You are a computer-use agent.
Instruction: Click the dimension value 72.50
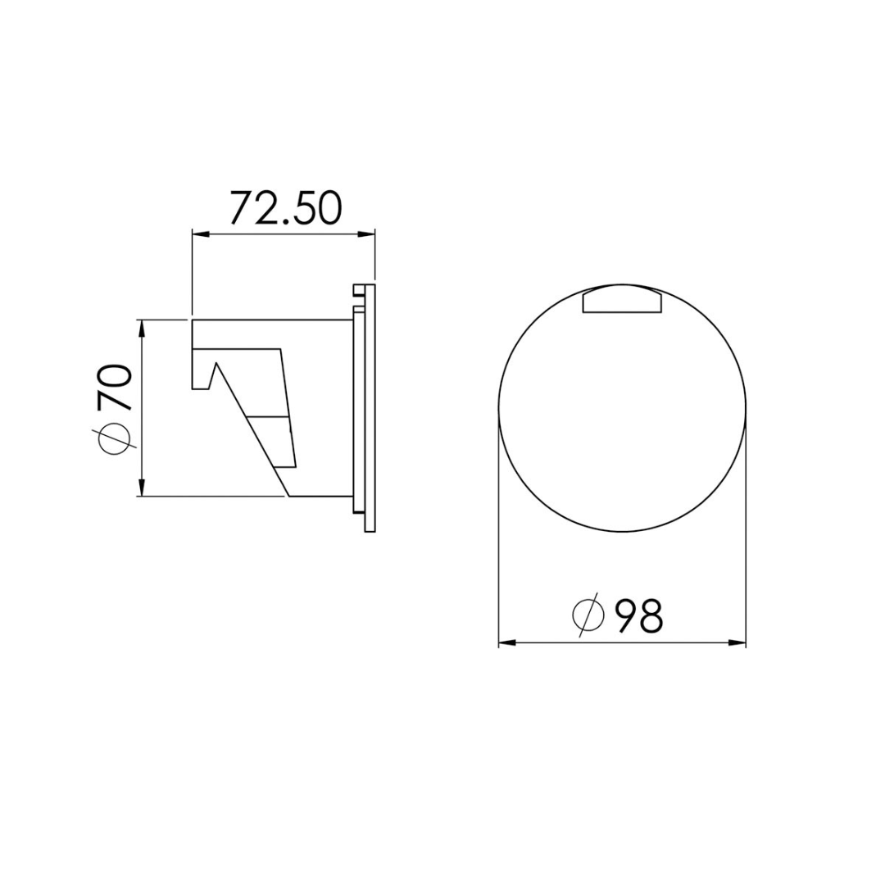pyautogui.click(x=284, y=208)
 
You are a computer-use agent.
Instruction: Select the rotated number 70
pyautogui.click(x=114, y=388)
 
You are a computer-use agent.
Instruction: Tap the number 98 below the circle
pyautogui.click(x=638, y=616)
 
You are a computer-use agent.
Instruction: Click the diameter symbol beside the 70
pyautogui.click(x=114, y=439)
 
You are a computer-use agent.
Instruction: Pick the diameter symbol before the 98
pyautogui.click(x=588, y=615)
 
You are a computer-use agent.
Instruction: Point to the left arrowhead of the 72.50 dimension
pyautogui.click(x=199, y=234)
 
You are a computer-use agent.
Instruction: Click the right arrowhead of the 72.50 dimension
pyautogui.click(x=367, y=234)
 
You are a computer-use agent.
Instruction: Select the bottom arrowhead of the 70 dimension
pyautogui.click(x=143, y=489)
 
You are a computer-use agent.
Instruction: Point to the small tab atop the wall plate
pyautogui.click(x=358, y=291)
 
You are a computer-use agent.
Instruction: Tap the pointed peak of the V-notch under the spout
pyautogui.click(x=216, y=362)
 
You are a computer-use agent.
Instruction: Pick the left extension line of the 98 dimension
pyautogui.click(x=499, y=533)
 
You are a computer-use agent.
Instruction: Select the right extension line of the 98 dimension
pyautogui.click(x=747, y=533)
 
